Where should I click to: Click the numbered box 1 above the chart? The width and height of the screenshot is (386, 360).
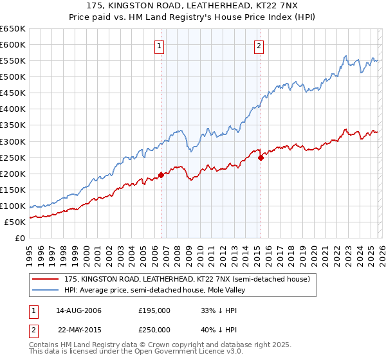(158, 46)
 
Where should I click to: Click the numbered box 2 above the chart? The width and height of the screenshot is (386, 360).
(259, 46)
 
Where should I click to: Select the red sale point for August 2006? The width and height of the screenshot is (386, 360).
(161, 175)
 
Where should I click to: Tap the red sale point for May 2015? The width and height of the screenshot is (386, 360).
(261, 157)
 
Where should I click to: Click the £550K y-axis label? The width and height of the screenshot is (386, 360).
(13, 60)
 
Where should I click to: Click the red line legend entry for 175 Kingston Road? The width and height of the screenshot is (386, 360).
(187, 280)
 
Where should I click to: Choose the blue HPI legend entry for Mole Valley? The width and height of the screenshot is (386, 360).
(154, 290)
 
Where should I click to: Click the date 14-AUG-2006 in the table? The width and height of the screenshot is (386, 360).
(78, 310)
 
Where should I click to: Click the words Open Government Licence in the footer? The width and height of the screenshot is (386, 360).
(187, 352)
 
